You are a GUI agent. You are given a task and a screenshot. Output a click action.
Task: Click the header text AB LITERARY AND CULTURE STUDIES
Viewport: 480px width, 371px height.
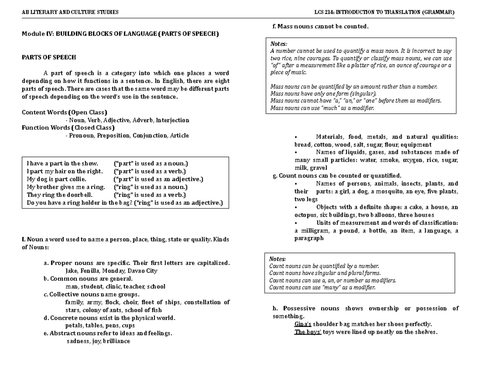point(70,12)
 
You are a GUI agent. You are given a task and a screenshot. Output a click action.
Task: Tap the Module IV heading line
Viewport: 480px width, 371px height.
point(120,34)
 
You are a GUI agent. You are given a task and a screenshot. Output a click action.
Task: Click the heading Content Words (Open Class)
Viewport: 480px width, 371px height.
point(64,112)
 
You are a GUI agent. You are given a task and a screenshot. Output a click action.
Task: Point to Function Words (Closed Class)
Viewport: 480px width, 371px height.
point(68,128)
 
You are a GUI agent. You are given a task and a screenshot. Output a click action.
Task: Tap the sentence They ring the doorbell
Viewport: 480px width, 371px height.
point(59,195)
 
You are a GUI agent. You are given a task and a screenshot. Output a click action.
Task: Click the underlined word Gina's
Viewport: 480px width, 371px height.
point(303,324)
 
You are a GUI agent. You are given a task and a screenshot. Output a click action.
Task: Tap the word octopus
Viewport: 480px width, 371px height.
point(305,215)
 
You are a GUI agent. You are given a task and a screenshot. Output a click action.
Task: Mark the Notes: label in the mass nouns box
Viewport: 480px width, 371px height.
point(279,44)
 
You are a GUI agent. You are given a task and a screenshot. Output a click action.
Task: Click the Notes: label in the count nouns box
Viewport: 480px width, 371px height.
point(278,259)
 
